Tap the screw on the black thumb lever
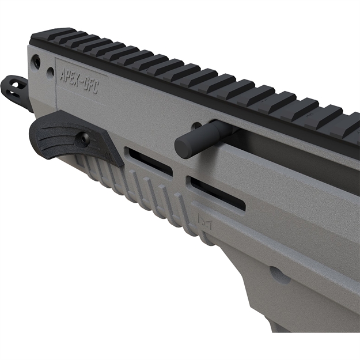tap(84, 138)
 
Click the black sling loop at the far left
tap(17, 89)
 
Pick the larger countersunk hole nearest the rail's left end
tap(37, 62)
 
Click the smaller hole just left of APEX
tap(51, 73)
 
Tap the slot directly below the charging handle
tap(217, 192)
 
